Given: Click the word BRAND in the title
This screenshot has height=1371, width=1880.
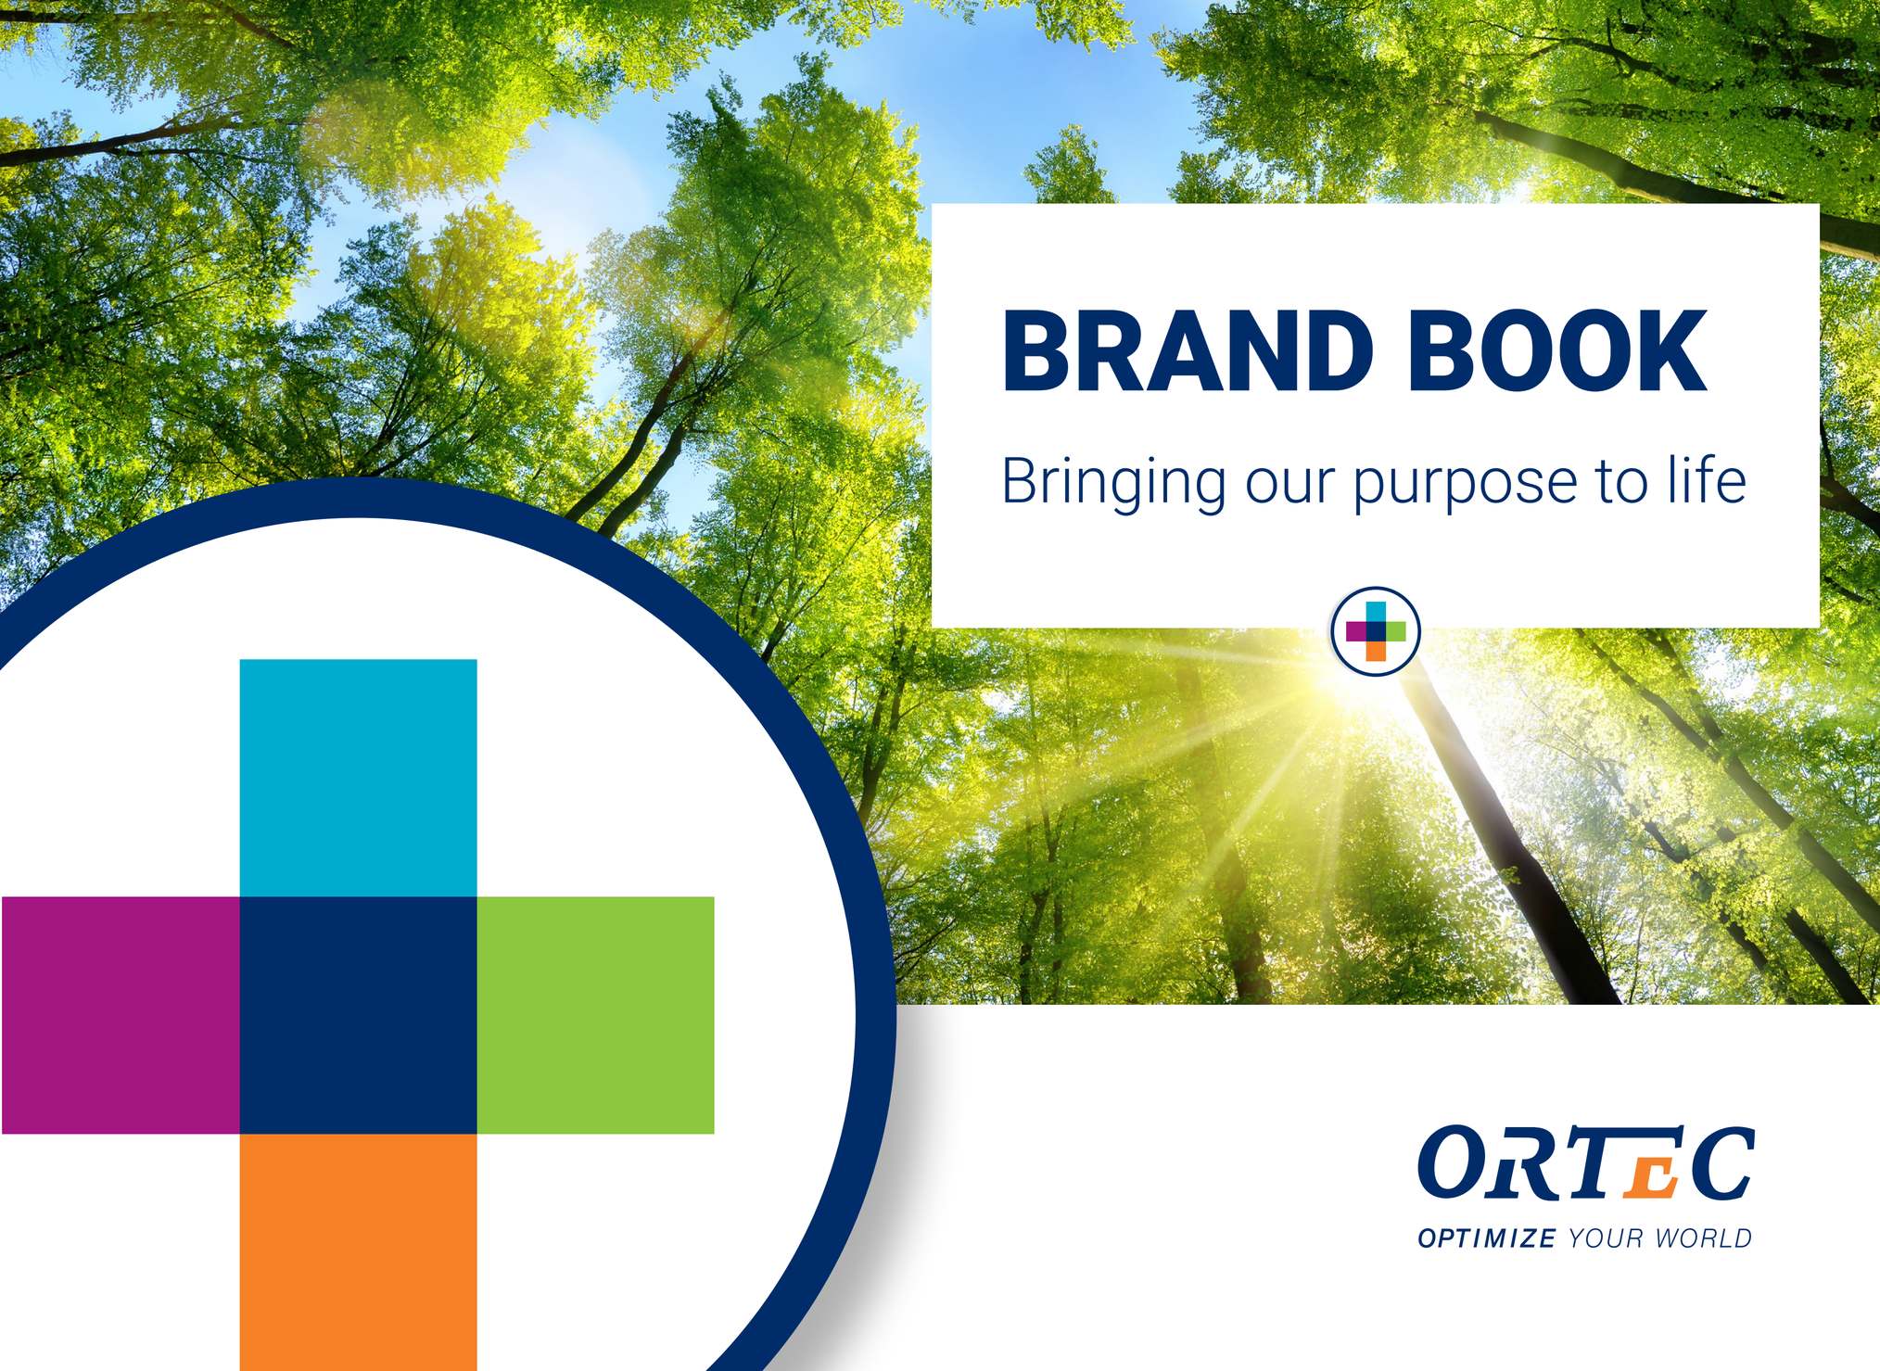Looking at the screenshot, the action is coord(1187,351).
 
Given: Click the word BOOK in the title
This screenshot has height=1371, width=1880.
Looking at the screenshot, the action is coord(1557,351).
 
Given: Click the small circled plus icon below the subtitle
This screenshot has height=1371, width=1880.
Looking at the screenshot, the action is coord(1376,631).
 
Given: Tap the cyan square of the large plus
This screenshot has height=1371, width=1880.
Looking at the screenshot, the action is coord(358,778).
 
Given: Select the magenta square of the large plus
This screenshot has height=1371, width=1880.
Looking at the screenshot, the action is coord(121,1015).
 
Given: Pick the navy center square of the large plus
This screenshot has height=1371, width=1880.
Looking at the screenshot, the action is coord(358,1015).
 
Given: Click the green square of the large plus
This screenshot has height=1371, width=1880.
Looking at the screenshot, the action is coord(596,1015).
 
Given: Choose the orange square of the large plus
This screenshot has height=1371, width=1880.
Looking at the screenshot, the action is coord(358,1252).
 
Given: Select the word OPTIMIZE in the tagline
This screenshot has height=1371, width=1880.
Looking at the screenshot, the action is coord(1487,1238).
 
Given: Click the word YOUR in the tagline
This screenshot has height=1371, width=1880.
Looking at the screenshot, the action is coord(1607,1238).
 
